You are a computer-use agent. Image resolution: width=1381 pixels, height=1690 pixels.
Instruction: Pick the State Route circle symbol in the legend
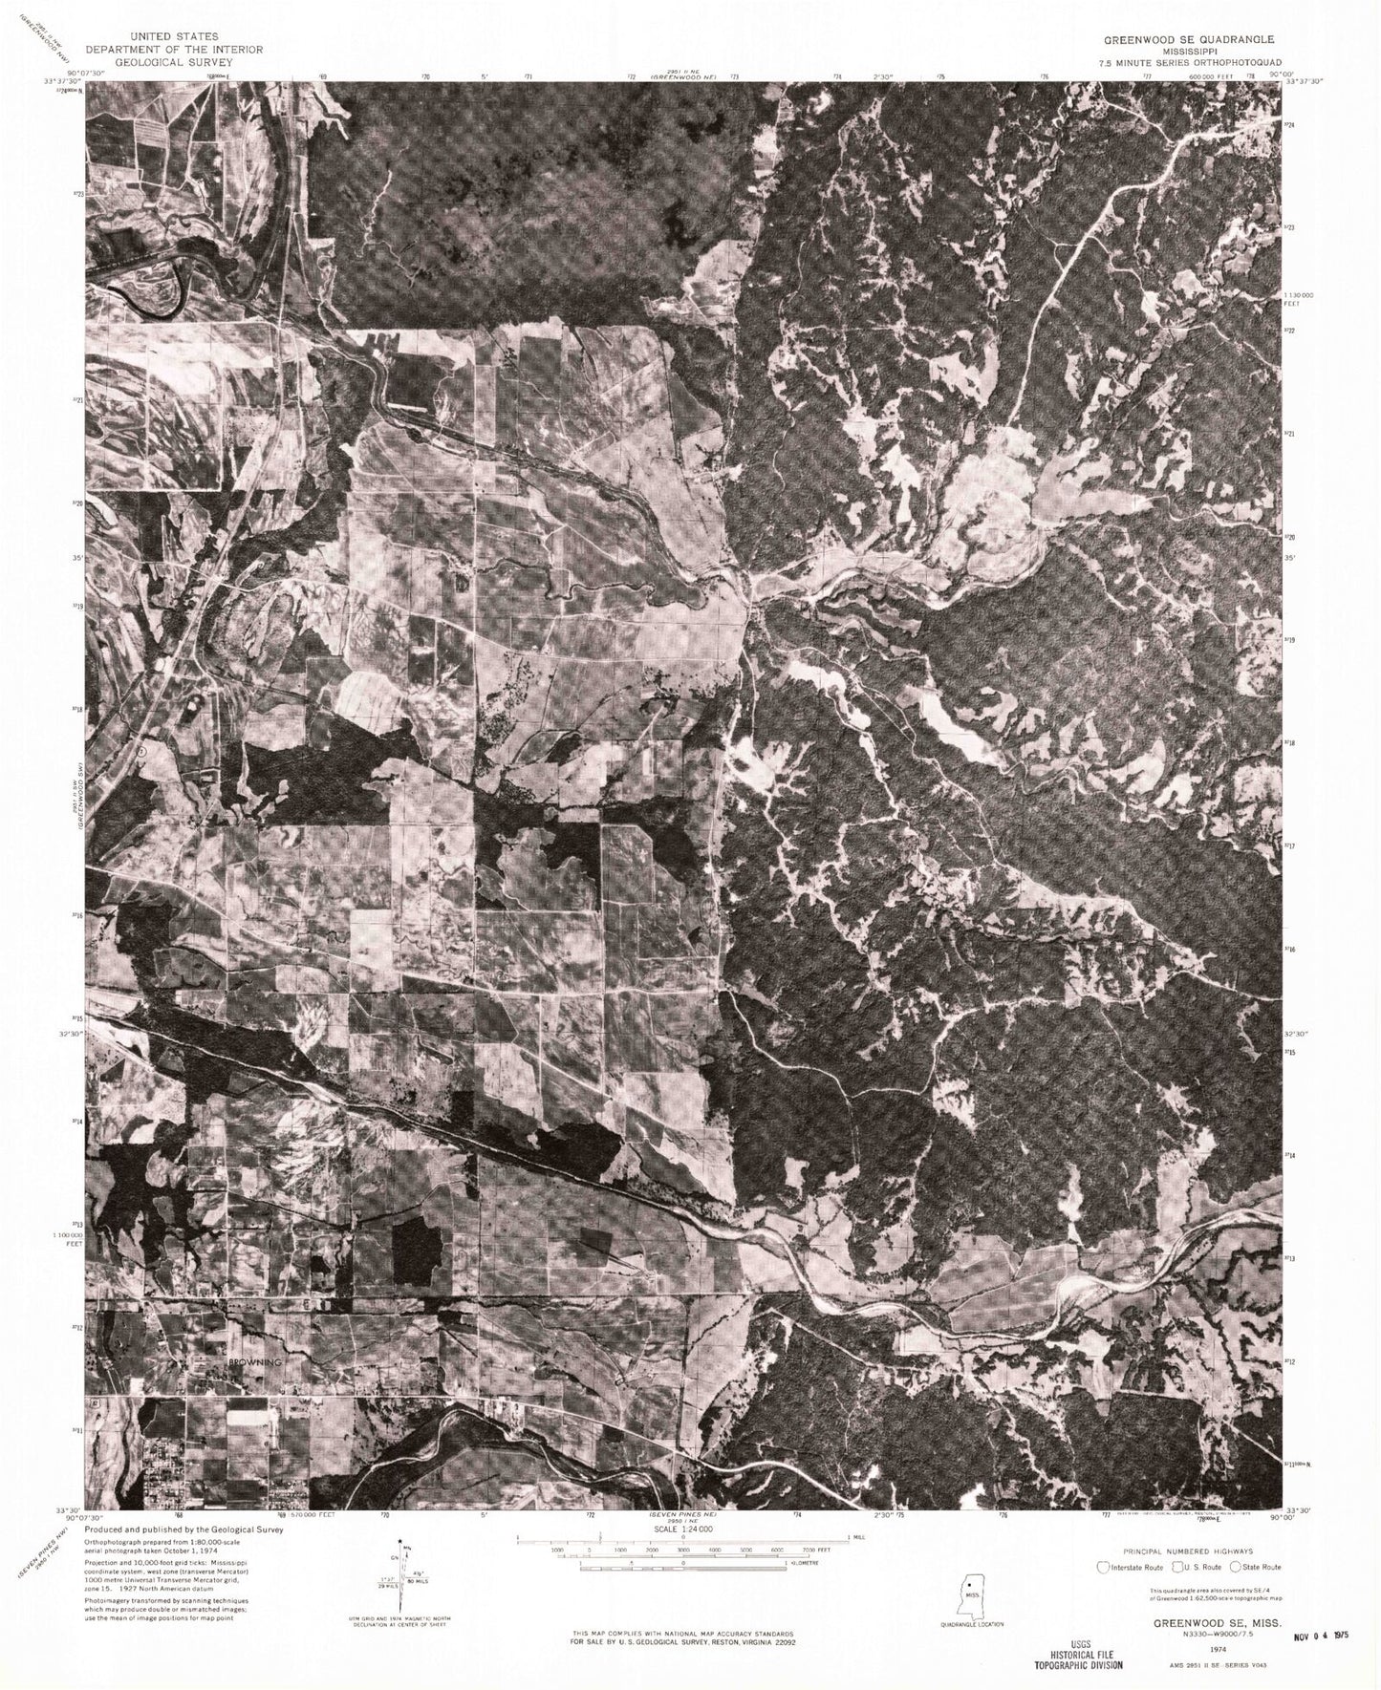coord(1236,1567)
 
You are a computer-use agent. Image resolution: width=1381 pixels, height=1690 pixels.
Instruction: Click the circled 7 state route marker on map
coord(140,751)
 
